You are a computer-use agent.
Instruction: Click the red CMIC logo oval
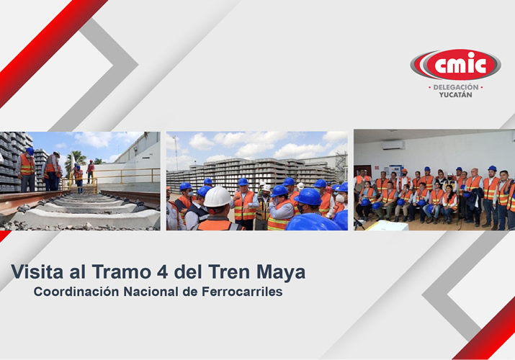(455, 66)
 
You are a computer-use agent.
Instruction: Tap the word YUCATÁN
(455, 95)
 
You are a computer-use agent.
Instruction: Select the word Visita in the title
(33, 272)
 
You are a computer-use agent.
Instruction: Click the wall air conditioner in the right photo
(393, 145)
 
